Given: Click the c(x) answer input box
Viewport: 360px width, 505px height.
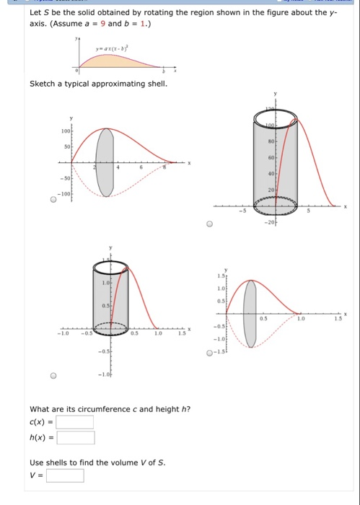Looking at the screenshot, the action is pyautogui.click(x=75, y=422).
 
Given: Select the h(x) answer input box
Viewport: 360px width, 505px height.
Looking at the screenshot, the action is pyautogui.click(x=76, y=437).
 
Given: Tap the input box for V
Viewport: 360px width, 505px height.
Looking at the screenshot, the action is pyautogui.click(x=65, y=475).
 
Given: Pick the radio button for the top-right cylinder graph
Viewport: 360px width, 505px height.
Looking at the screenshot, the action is pyautogui.click(x=208, y=224).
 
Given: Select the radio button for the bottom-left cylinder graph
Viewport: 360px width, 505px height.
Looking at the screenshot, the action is pyautogui.click(x=53, y=374).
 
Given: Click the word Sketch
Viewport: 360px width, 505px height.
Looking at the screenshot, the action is pyautogui.click(x=43, y=84).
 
